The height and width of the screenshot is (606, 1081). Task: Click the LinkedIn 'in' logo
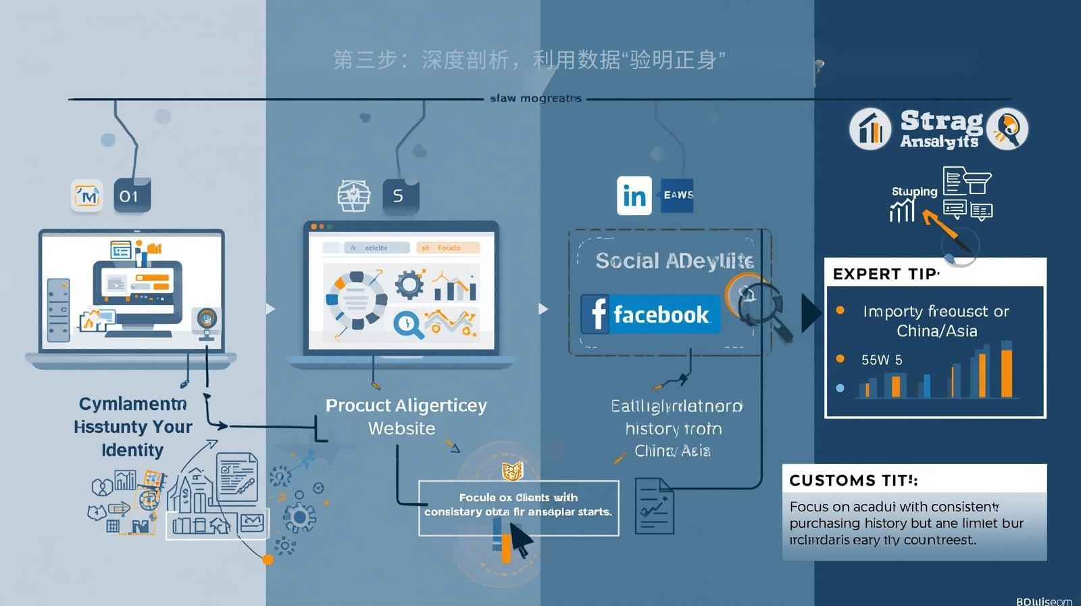click(x=634, y=195)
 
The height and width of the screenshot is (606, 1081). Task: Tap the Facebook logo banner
click(x=650, y=314)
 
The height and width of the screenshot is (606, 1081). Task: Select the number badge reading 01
click(x=131, y=196)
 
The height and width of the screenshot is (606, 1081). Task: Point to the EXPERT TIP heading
click(x=885, y=274)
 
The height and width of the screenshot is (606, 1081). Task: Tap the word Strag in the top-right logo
click(x=941, y=122)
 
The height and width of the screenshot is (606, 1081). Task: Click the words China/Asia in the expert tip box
click(x=936, y=331)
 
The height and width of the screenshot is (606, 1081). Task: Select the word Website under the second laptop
click(x=401, y=429)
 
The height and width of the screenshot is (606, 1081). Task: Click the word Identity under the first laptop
click(x=132, y=450)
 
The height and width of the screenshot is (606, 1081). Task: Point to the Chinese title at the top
click(x=529, y=60)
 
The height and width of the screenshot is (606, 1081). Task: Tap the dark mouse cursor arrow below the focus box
click(x=519, y=539)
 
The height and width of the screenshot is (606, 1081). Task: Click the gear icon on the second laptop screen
click(x=408, y=285)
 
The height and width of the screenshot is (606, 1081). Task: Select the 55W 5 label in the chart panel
click(x=881, y=360)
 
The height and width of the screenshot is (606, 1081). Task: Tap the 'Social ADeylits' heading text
click(x=674, y=261)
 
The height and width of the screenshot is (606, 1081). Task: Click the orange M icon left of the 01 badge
click(x=87, y=196)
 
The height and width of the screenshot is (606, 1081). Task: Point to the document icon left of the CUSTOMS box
click(x=653, y=506)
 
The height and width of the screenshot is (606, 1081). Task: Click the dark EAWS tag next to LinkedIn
click(x=677, y=195)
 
